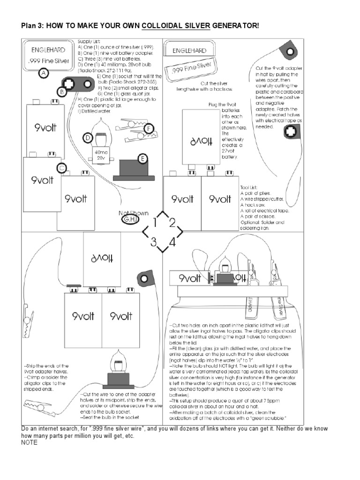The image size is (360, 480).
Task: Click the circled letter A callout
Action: [x=44, y=74]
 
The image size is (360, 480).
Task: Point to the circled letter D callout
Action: [x=88, y=137]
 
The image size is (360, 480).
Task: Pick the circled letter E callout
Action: [x=141, y=158]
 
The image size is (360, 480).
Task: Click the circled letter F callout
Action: [x=149, y=128]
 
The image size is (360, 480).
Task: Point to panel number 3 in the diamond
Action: [x=153, y=242]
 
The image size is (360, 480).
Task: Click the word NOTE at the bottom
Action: [x=30, y=443]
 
